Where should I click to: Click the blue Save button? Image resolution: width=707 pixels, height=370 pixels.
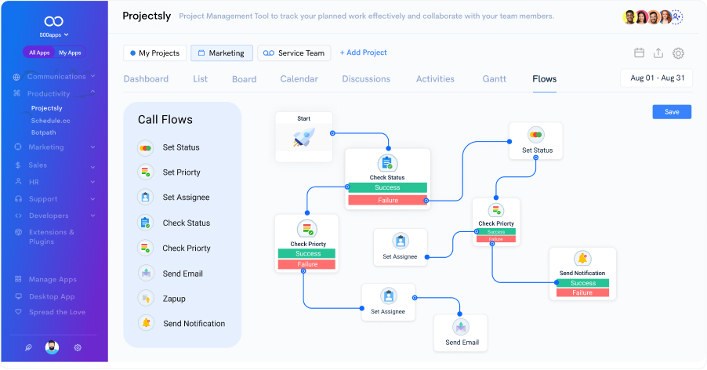(672, 112)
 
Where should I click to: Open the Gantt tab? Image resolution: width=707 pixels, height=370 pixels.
(494, 79)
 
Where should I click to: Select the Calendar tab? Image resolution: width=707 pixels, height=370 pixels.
(299, 79)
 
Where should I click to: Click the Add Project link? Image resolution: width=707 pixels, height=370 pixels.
(362, 53)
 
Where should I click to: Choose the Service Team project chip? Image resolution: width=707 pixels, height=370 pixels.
(294, 53)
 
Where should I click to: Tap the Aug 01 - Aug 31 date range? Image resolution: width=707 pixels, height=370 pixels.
(658, 78)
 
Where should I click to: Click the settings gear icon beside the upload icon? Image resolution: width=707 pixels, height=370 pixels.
(679, 53)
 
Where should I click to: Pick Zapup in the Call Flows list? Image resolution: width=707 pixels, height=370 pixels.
(174, 299)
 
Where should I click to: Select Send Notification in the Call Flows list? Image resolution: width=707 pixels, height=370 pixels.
(194, 324)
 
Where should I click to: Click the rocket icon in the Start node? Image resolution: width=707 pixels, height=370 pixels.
(303, 139)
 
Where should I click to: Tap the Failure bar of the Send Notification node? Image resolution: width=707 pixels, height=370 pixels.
(582, 293)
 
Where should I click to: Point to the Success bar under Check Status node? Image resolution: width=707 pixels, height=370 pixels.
(387, 188)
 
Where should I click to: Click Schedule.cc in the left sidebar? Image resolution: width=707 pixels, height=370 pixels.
(50, 121)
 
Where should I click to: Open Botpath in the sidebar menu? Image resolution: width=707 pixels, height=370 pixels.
(44, 132)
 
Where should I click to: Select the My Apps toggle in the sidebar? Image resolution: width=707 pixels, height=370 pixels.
(70, 53)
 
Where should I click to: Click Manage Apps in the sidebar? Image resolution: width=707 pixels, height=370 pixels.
(53, 280)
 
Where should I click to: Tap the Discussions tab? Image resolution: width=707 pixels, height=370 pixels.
(366, 79)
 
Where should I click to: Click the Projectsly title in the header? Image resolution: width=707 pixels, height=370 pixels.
(147, 16)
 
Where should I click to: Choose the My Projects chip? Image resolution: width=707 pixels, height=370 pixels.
(155, 53)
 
